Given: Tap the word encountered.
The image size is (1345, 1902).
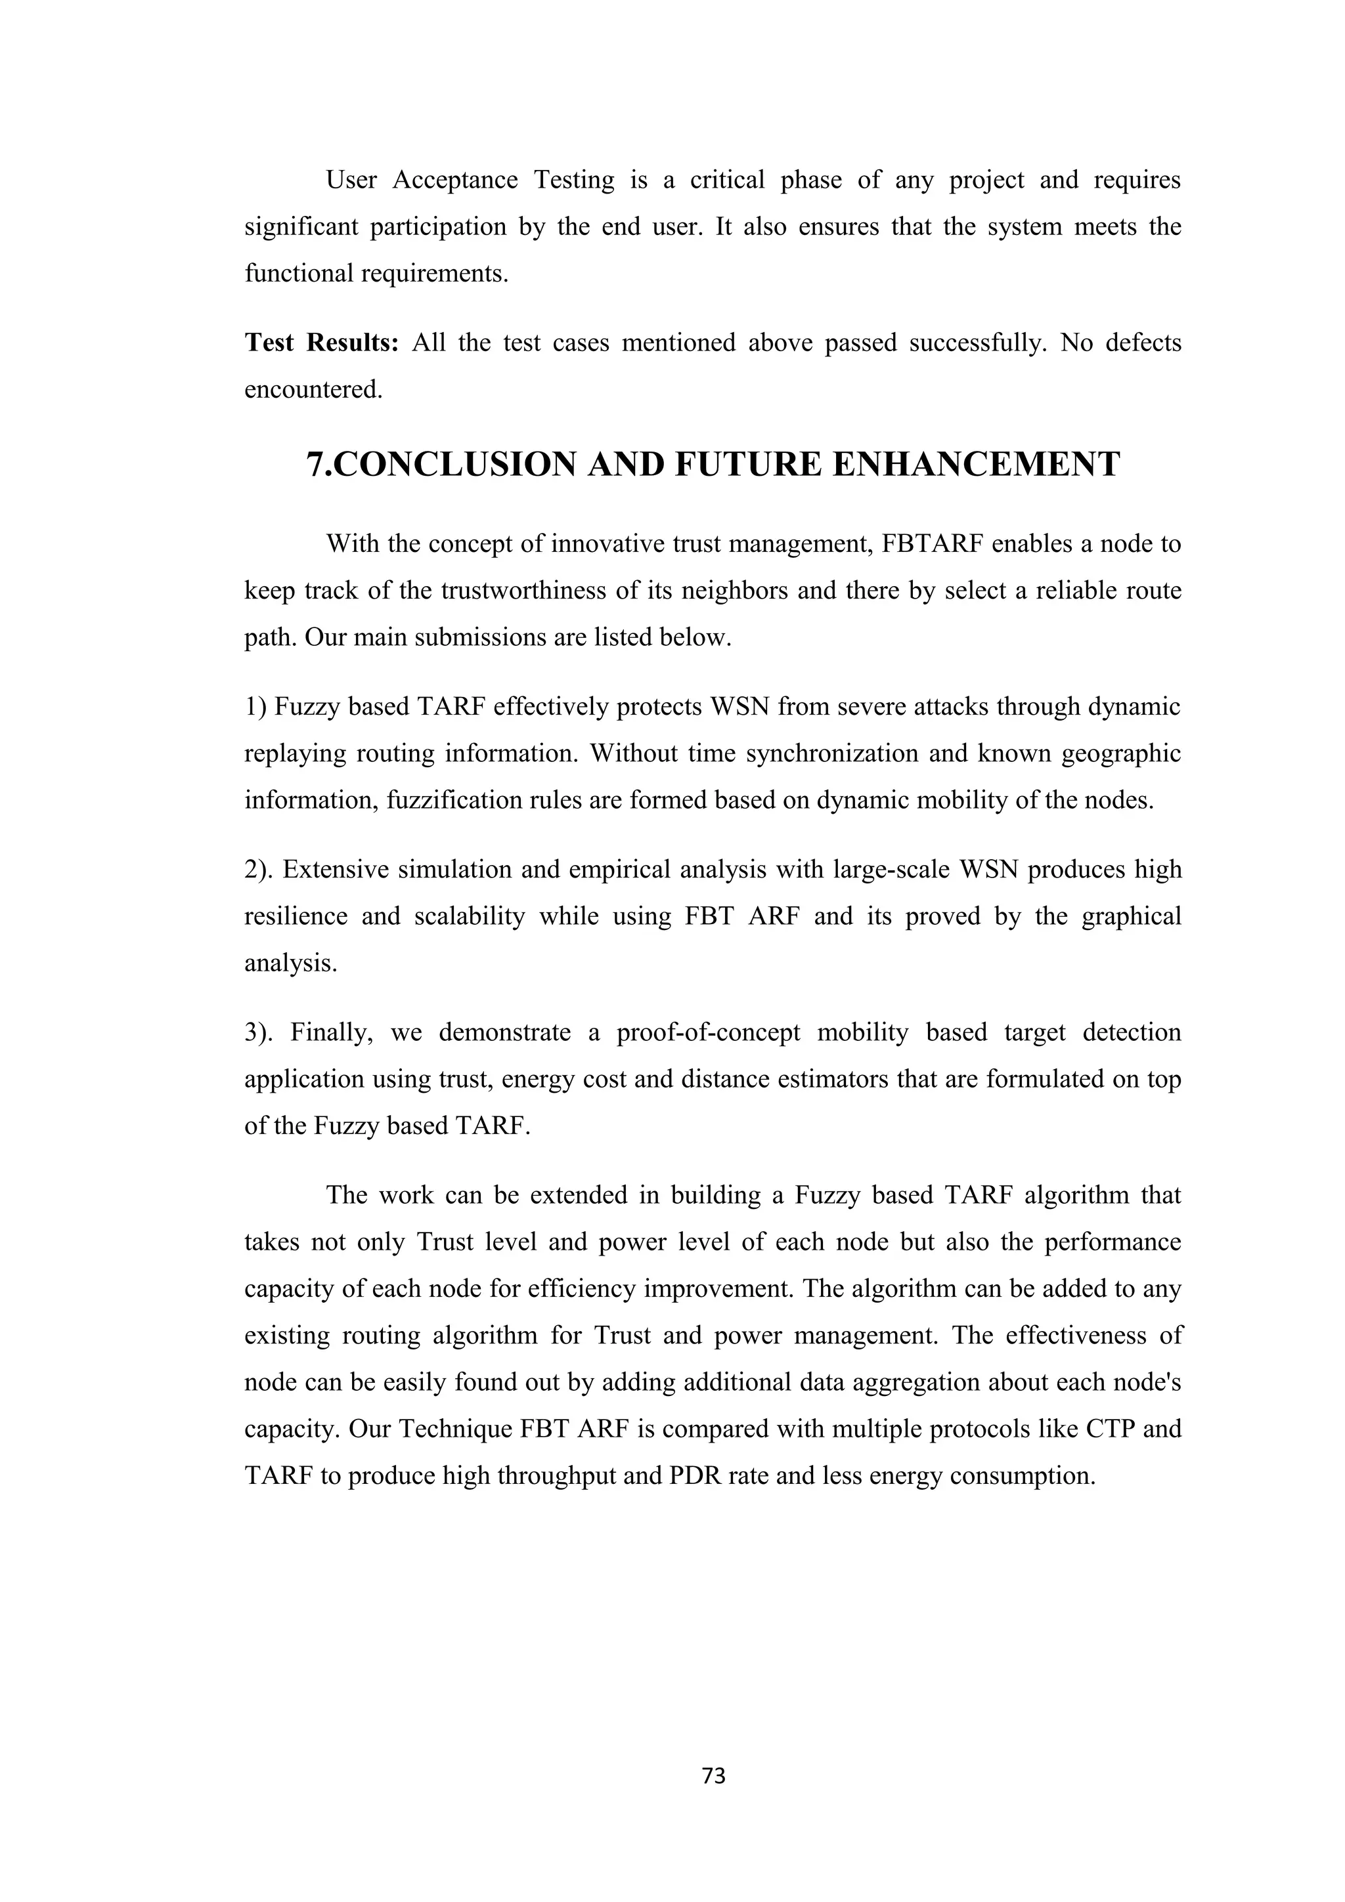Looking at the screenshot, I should [313, 389].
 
